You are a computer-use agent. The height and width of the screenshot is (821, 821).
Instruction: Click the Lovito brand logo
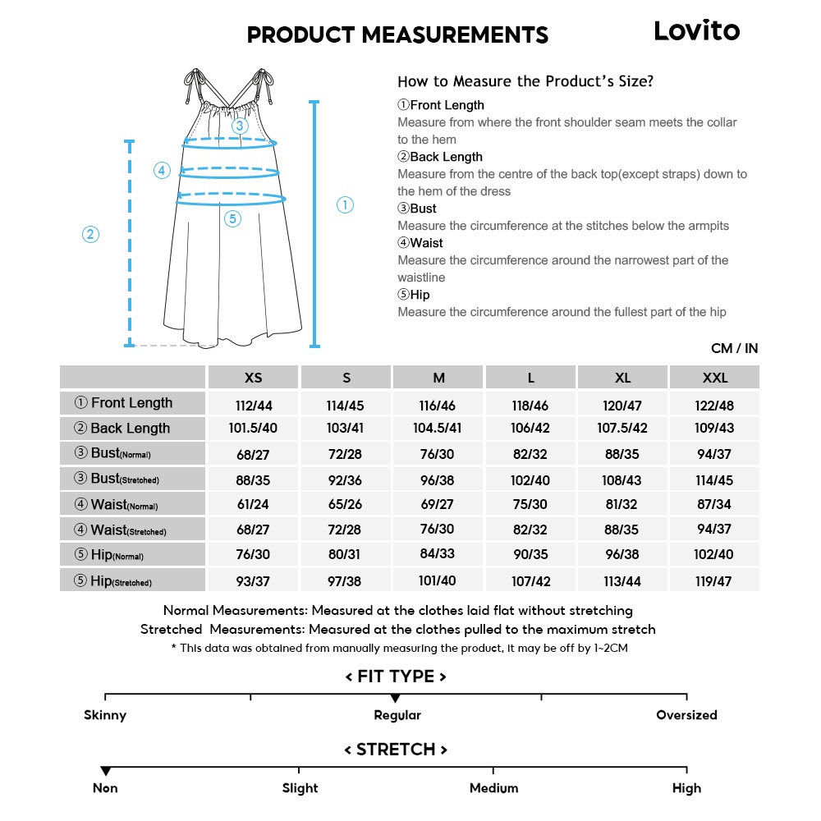click(x=696, y=31)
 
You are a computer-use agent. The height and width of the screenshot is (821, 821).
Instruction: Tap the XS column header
click(x=254, y=378)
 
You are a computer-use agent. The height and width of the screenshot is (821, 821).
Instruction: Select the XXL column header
click(x=714, y=378)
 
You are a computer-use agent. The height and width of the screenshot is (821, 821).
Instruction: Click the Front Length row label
click(x=131, y=403)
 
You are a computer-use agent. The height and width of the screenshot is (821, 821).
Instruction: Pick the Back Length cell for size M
click(x=438, y=429)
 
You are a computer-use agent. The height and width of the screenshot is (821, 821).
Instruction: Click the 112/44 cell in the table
click(x=254, y=405)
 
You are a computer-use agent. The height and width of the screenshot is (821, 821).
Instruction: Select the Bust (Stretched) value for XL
click(x=622, y=480)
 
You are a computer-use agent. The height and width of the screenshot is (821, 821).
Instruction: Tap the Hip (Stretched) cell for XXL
click(x=714, y=581)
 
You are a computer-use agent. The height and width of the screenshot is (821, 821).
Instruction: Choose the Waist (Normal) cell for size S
click(x=346, y=504)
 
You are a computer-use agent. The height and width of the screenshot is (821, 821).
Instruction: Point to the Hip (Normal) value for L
click(x=530, y=554)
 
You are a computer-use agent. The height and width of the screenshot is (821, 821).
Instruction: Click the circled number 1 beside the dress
click(x=345, y=205)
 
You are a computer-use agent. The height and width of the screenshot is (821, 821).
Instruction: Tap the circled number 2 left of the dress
click(x=90, y=235)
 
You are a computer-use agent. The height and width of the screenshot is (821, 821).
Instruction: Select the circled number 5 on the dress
click(x=232, y=218)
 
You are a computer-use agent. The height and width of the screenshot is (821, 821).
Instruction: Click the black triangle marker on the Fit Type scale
click(x=395, y=698)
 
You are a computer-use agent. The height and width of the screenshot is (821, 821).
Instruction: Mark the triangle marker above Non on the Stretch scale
click(x=105, y=771)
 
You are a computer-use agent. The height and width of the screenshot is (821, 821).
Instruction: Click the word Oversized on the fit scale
click(x=686, y=715)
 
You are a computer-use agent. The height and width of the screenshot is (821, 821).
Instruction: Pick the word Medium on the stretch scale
click(x=493, y=788)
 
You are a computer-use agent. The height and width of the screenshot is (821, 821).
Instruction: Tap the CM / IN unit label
click(x=734, y=349)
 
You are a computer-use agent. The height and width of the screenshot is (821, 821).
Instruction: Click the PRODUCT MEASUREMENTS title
click(x=397, y=35)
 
